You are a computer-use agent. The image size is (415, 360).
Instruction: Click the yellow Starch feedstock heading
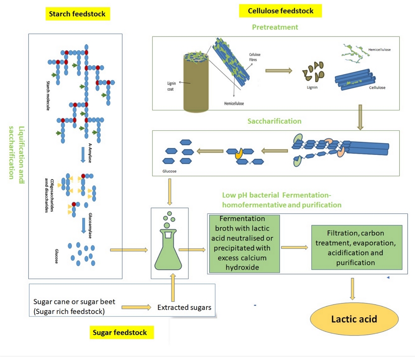77,14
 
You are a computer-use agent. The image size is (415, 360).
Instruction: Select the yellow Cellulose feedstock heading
281,11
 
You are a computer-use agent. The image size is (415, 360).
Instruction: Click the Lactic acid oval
354,319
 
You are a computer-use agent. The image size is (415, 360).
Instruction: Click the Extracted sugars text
184,308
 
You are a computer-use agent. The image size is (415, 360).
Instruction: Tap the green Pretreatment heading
275,27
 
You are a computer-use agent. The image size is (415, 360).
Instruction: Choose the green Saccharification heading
274,121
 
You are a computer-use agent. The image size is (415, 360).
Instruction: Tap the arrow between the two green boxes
295,247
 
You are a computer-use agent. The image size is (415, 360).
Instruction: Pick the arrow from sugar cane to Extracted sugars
137,308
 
